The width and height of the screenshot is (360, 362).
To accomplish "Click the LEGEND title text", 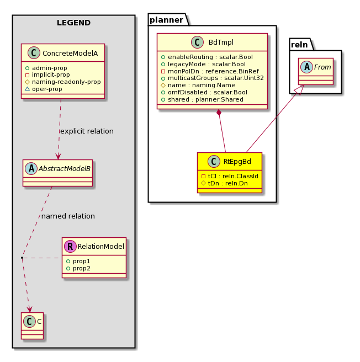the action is point(73,23).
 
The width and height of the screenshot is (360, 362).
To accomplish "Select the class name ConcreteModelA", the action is point(70,54).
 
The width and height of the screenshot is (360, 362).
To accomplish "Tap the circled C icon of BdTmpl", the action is point(197,42).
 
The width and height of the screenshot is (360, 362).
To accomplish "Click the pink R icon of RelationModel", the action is point(70,246).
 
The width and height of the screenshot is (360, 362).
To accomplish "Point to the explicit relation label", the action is point(87,131).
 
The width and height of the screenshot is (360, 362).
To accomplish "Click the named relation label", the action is point(68,216).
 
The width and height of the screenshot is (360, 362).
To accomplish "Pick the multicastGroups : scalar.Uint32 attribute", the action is point(213,78).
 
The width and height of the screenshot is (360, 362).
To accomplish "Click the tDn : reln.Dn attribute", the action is point(224,183).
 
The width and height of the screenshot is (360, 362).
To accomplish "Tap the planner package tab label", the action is point(166,20).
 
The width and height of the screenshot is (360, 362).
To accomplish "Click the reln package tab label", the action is point(299,45).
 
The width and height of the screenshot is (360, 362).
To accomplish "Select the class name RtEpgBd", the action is point(237,161).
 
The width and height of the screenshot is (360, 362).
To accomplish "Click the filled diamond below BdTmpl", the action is point(219,113).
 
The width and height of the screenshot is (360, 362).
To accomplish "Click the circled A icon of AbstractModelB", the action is point(31,168).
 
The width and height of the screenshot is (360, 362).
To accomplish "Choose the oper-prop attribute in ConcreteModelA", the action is point(44,89).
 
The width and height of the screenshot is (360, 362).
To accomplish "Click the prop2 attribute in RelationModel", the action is point(78,269).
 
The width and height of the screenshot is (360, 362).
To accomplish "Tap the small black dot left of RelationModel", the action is point(22,257).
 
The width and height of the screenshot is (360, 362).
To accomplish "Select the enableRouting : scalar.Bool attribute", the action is point(207,57).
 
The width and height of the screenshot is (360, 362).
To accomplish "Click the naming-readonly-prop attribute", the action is point(63,82).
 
